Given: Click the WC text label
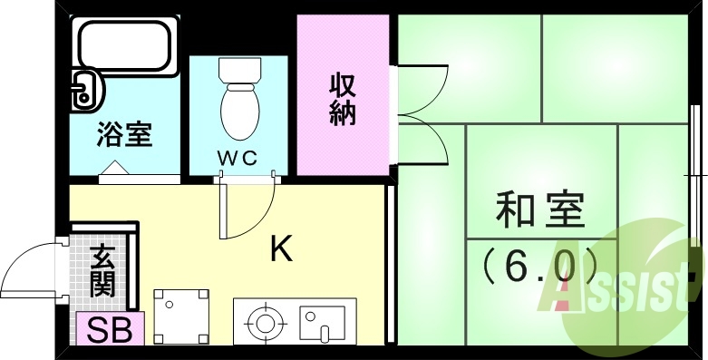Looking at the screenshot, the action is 238,157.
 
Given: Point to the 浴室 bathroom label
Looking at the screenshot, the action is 124,135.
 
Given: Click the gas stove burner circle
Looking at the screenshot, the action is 265,322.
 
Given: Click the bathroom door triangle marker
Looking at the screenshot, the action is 116,168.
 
